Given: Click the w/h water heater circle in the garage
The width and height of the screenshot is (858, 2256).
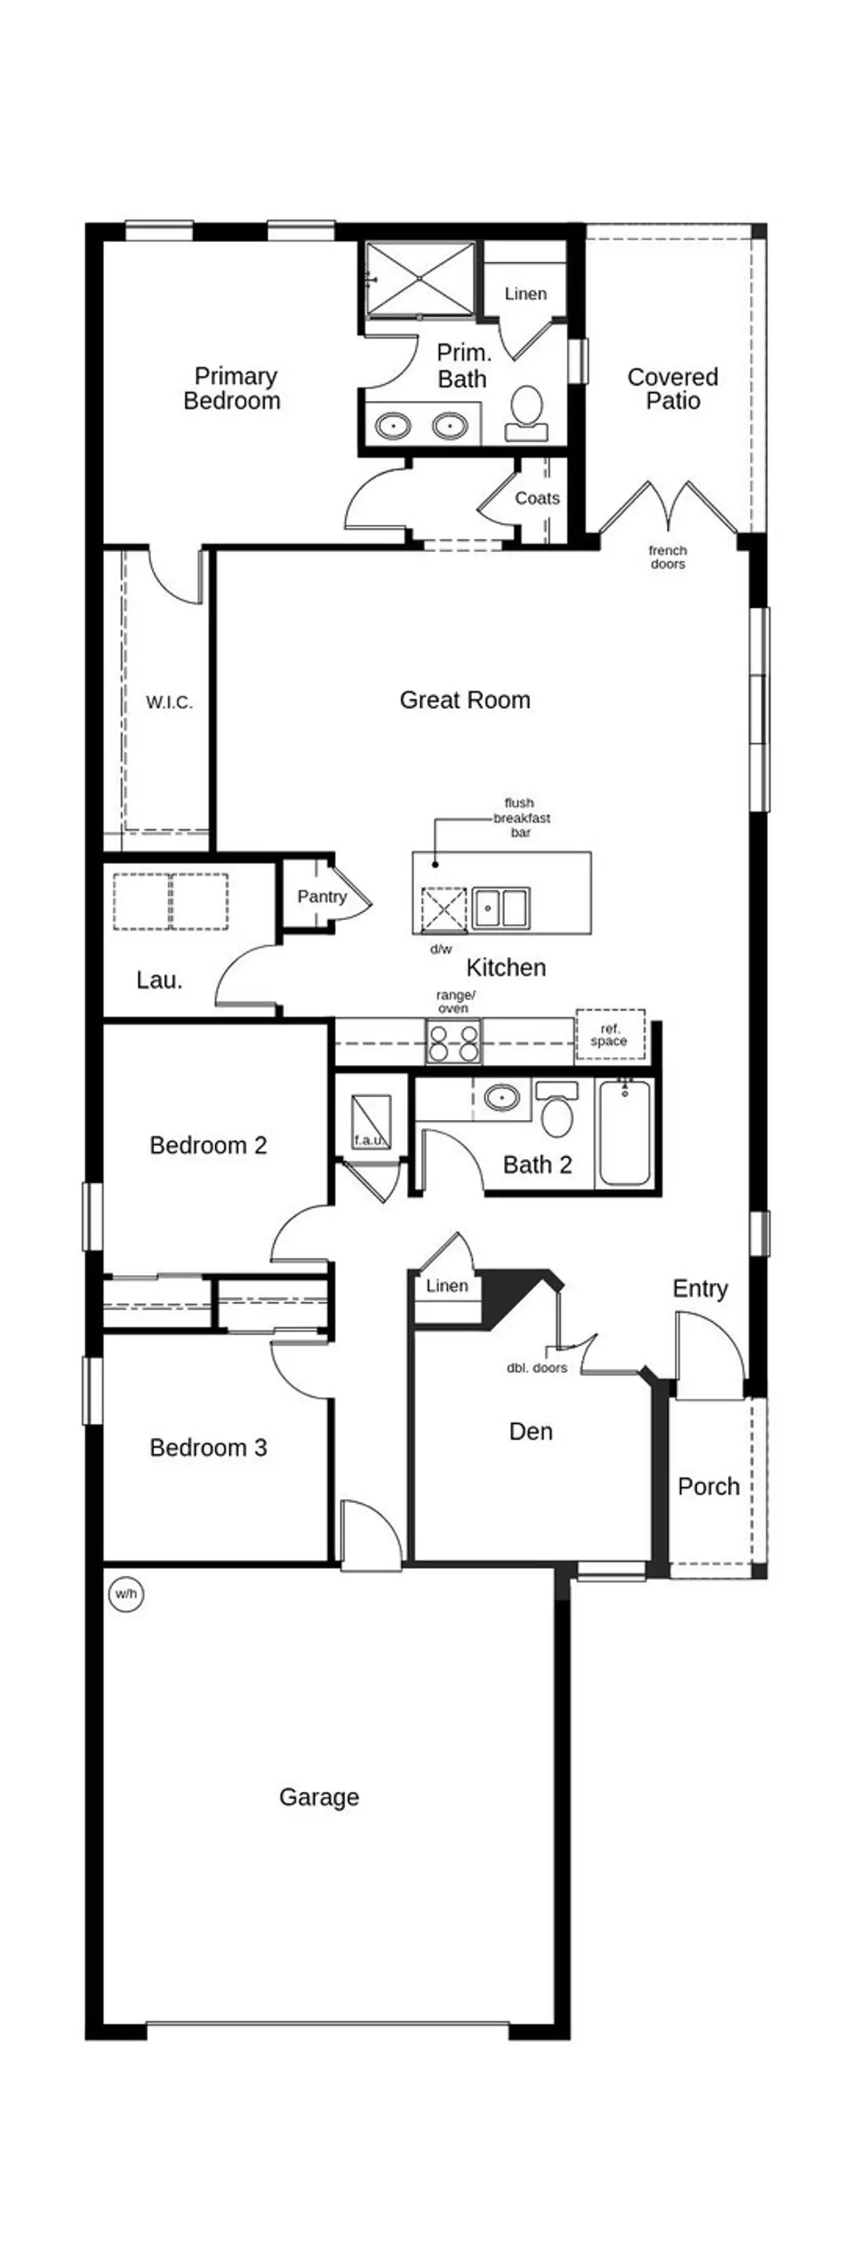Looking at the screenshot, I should point(126,1594).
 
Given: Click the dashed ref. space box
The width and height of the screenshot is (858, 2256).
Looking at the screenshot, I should point(610,1035).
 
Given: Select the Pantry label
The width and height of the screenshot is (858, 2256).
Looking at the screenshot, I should point(321,896).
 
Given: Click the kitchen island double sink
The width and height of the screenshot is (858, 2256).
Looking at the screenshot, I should point(501,907).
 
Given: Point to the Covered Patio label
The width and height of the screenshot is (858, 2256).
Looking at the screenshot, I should point(672,389).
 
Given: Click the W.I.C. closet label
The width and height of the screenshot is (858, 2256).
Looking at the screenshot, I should point(169,702).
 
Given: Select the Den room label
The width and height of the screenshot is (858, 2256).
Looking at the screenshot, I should point(531,1431).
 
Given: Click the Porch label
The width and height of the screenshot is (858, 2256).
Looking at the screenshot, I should point(709,1486).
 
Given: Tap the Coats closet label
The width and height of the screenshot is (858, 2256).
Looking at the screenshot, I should point(537,498).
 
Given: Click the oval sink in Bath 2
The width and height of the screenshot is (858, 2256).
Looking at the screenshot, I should point(501,1097).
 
